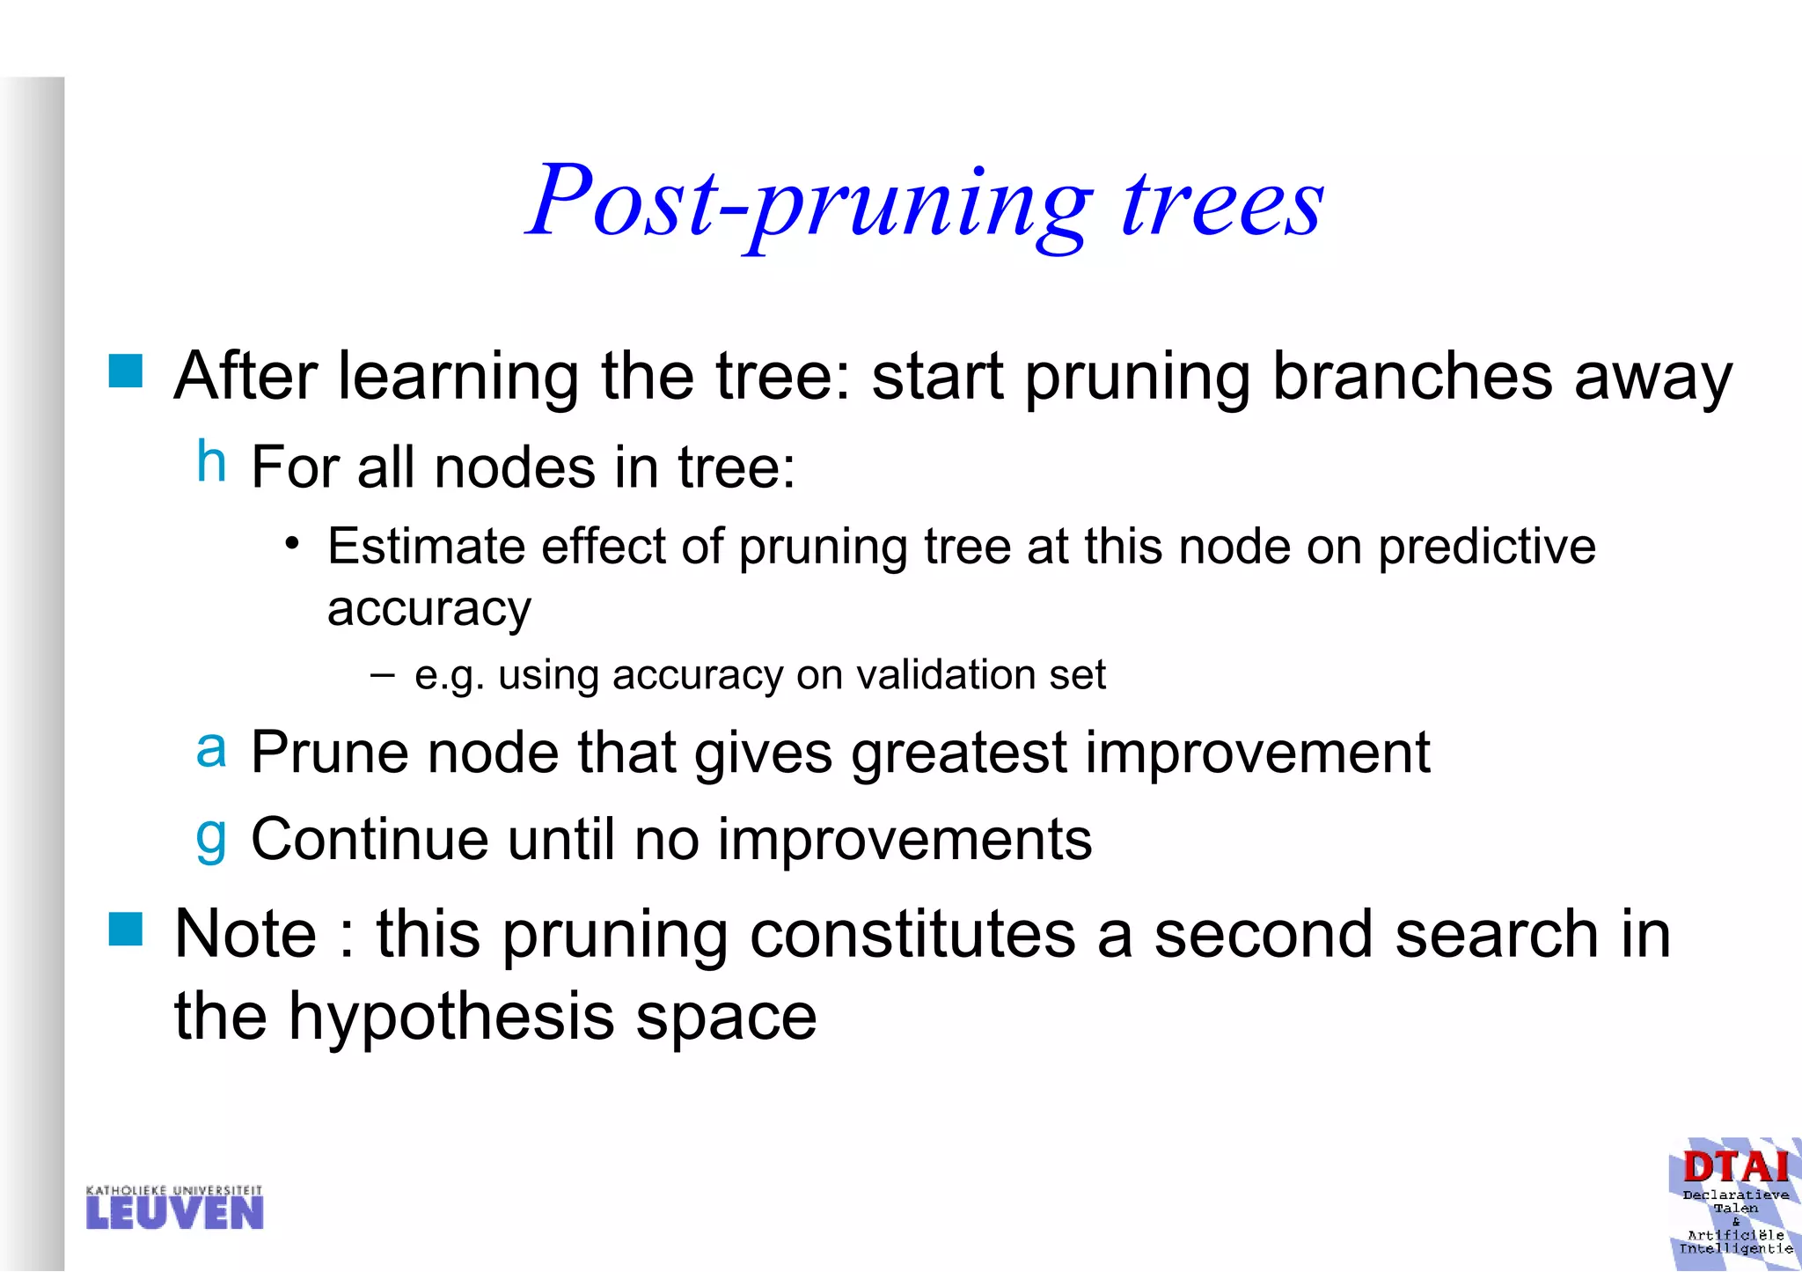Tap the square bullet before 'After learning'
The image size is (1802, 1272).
tap(126, 371)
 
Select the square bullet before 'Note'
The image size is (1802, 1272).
tap(126, 929)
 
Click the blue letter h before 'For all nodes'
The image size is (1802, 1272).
tap(211, 461)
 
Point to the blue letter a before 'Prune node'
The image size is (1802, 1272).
tap(211, 750)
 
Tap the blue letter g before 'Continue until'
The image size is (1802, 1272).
tap(211, 837)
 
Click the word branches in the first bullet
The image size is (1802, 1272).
tap(1413, 377)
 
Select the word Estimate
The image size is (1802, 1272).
tap(426, 547)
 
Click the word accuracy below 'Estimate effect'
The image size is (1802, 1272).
tap(429, 609)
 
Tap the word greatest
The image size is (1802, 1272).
tap(958, 754)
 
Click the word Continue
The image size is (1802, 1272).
tap(369, 839)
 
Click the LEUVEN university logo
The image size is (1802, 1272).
tap(174, 1207)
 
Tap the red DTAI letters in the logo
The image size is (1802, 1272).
tap(1735, 1167)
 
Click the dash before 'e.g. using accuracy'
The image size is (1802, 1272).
tap(383, 675)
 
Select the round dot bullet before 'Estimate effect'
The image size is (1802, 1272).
tap(292, 543)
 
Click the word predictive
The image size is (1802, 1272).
tap(1486, 547)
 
